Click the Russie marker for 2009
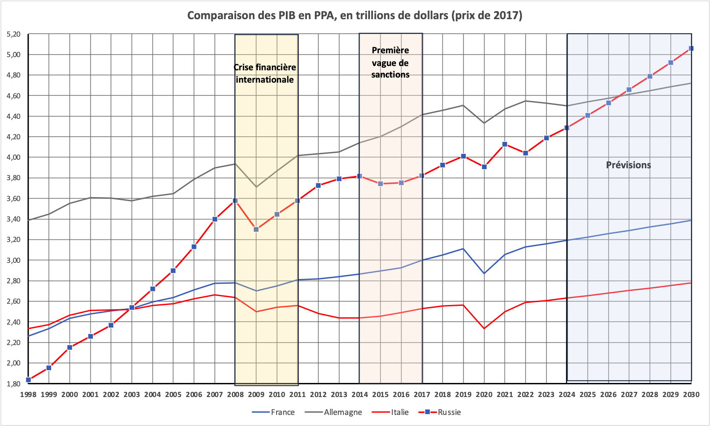[x=256, y=229]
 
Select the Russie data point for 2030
[x=691, y=49]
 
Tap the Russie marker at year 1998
[x=29, y=380]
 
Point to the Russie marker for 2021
[x=505, y=144]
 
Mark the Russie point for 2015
[x=380, y=184]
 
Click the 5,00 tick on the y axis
[x=13, y=55]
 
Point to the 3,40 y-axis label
[x=13, y=219]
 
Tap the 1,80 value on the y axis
[x=13, y=383]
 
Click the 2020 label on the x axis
[x=484, y=394]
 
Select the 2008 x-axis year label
[x=235, y=394]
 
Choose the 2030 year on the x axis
[x=691, y=394]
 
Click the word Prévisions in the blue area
[x=628, y=165]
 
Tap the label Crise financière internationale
[x=265, y=73]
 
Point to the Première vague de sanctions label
[x=390, y=62]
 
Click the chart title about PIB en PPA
[x=355, y=15]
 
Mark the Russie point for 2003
[x=132, y=308]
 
